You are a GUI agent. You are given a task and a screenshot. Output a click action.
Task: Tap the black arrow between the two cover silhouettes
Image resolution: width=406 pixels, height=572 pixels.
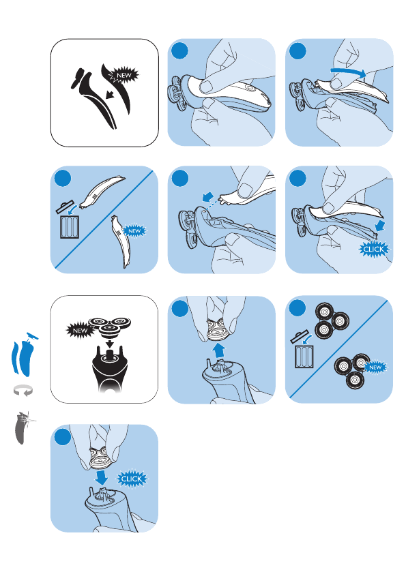109,95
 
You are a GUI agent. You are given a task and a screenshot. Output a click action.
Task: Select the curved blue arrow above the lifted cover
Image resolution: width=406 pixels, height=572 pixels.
348,72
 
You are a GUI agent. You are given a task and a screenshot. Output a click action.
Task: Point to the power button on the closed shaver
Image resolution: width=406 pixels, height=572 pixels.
249,87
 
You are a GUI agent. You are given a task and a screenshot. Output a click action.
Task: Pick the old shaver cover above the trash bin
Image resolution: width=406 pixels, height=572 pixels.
102,193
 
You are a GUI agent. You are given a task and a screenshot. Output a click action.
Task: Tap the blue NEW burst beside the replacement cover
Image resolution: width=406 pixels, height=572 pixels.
134,231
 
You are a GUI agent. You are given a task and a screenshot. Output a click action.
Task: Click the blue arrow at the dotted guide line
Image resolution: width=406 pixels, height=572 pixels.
207,197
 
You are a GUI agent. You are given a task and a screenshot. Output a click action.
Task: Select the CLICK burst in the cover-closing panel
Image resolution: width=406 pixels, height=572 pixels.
374,250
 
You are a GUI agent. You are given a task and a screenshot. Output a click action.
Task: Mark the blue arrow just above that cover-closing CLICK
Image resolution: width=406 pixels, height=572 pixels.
381,225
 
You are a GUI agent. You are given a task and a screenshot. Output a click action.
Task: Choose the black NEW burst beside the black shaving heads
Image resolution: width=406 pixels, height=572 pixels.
80,331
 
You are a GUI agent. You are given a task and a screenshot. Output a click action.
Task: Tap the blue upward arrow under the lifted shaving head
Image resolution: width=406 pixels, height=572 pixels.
219,350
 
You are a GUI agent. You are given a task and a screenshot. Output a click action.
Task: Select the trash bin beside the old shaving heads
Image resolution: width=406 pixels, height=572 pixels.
304,357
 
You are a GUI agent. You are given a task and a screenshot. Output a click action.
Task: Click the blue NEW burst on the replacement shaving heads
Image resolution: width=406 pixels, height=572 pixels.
375,367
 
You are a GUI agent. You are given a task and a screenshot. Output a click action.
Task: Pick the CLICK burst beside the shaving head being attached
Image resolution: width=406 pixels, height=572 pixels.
132,479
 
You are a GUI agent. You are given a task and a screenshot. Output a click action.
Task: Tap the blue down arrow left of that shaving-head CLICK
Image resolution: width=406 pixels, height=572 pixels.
102,477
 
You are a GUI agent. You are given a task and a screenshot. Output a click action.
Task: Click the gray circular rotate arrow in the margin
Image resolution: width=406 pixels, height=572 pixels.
24,391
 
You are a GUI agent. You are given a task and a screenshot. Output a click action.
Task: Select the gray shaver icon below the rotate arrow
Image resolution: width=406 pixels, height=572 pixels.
23,427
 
